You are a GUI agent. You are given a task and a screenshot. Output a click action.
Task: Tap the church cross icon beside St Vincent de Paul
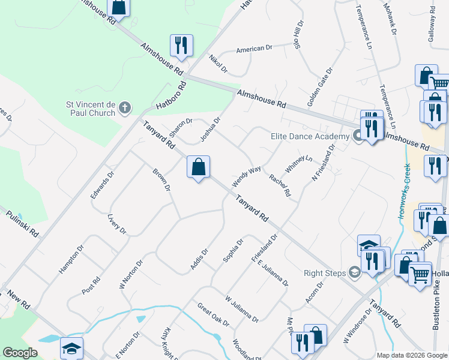[125, 108]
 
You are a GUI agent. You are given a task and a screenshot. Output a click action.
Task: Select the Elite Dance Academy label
[310, 136]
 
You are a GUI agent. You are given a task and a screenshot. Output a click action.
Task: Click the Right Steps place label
[325, 273]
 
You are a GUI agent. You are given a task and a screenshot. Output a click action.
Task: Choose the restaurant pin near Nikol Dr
[181, 45]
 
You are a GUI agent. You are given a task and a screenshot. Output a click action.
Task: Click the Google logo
[20, 353]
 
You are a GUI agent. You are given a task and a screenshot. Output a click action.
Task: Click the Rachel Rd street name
[280, 185]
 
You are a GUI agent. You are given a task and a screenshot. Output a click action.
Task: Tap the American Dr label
[250, 49]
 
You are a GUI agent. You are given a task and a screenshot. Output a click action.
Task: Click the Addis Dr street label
[199, 259]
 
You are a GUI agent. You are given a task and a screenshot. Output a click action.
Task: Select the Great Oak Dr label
[213, 314]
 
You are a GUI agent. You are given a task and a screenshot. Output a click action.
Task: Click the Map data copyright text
[411, 355]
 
